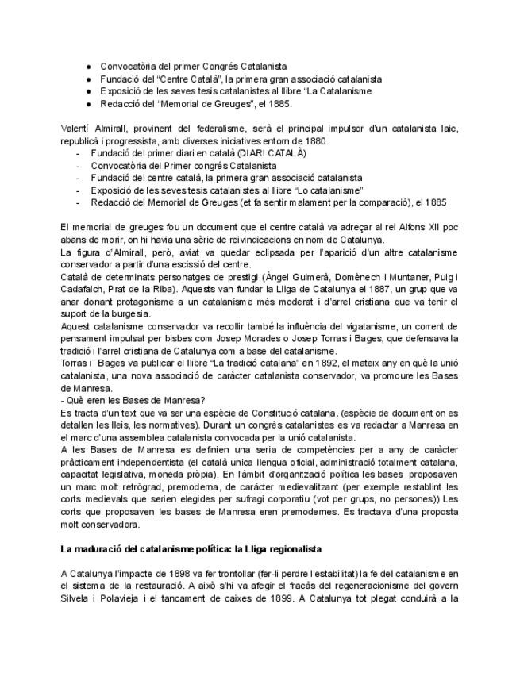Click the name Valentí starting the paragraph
click(75, 129)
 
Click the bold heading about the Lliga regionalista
click(191, 549)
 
